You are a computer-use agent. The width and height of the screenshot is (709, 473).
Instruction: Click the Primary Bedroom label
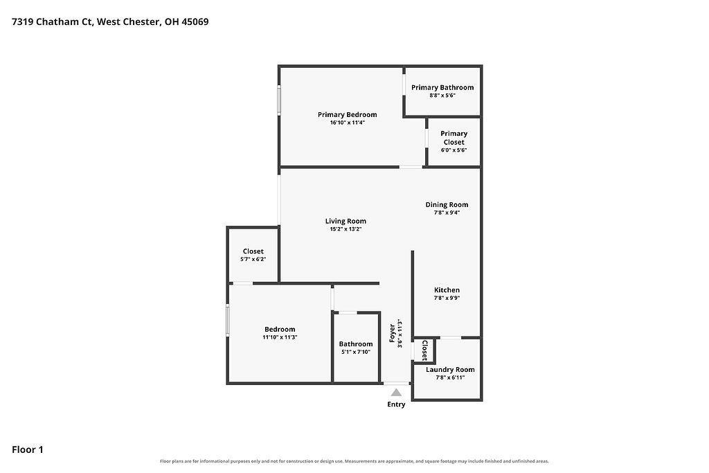348,115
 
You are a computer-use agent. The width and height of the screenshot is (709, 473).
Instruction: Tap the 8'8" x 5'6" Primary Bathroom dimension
442,96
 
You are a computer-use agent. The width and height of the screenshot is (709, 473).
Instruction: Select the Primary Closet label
454,138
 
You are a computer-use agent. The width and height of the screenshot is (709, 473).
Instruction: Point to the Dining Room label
447,204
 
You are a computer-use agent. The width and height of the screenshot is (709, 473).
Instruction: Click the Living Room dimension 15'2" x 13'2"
346,229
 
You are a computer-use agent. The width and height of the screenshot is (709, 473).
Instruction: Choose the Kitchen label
447,290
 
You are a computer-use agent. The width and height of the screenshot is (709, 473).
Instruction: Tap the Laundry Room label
450,369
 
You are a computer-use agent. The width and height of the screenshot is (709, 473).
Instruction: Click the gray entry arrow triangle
396,393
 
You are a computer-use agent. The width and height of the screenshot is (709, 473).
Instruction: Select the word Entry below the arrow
396,404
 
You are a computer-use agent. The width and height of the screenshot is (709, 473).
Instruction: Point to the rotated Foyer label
393,333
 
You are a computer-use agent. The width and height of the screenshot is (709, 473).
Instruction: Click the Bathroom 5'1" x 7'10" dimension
356,352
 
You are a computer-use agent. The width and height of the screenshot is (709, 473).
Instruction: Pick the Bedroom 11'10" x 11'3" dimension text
280,337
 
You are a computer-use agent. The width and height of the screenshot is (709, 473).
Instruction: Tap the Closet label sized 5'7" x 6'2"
253,251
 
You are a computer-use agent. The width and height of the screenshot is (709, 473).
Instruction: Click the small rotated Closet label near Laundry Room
425,350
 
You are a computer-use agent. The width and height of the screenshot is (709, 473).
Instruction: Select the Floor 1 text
28,449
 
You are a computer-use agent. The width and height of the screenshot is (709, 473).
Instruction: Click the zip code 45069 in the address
195,21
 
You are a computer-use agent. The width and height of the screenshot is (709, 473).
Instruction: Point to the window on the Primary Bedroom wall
279,100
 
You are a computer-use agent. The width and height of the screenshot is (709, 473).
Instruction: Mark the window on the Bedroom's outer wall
228,320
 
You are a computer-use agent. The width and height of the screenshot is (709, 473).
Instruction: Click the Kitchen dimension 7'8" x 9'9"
447,298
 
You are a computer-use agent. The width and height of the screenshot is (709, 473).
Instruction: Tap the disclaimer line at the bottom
354,461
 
